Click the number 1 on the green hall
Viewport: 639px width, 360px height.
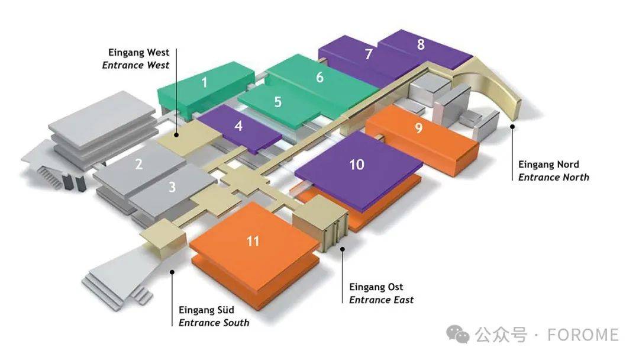click(204, 83)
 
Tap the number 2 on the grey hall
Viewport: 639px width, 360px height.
click(139, 164)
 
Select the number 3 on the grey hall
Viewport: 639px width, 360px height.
click(172, 187)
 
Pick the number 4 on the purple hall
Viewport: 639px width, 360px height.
click(238, 126)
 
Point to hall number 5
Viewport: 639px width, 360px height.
click(278, 102)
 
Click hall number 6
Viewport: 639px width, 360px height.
click(320, 77)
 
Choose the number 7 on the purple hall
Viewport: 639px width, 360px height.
click(369, 54)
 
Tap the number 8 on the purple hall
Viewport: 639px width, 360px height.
click(421, 44)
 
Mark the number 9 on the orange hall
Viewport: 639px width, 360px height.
click(418, 128)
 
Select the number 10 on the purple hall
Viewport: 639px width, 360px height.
click(357, 164)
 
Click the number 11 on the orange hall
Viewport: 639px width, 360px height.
click(253, 241)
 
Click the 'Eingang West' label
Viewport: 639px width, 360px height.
click(138, 53)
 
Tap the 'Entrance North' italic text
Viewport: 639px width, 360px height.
click(554, 178)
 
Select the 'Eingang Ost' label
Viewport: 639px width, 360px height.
click(376, 287)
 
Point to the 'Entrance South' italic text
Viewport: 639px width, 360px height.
click(214, 323)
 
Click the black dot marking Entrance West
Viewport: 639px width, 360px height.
click(176, 134)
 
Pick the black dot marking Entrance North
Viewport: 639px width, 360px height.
click(512, 126)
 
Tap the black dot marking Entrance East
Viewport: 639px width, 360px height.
click(343, 249)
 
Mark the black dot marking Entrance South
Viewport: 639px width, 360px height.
click(172, 272)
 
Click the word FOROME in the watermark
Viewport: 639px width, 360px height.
click(583, 335)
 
